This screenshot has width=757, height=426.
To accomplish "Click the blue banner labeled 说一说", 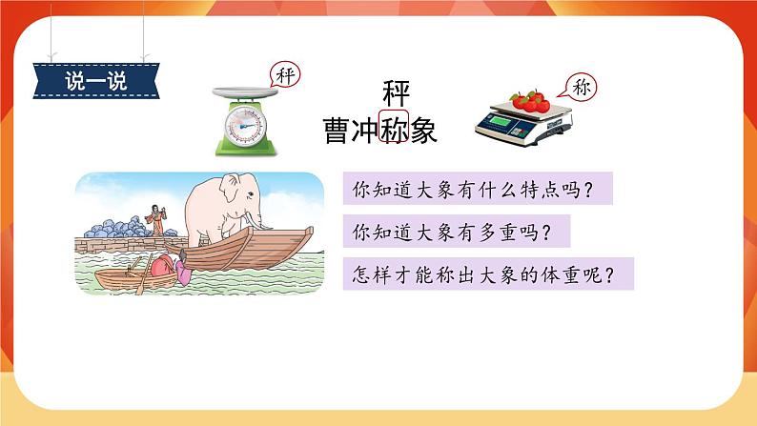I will pos(96,79).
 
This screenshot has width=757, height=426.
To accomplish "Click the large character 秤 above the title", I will pos(395,95).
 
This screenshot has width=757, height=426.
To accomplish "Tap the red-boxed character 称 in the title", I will pos(395,132).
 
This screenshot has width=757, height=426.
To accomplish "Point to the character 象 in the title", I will pos(423,132).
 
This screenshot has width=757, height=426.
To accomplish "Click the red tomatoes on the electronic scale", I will pos(529,99).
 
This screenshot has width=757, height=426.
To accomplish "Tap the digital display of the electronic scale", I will pos(507,122).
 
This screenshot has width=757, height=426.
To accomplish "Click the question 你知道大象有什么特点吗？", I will pos(475,190).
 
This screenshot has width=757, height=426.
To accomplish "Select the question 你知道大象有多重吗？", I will pos(447,233).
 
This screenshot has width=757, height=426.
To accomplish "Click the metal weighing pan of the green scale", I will pos(245,93).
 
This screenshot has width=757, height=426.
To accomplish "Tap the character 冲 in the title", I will pos(366,132).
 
